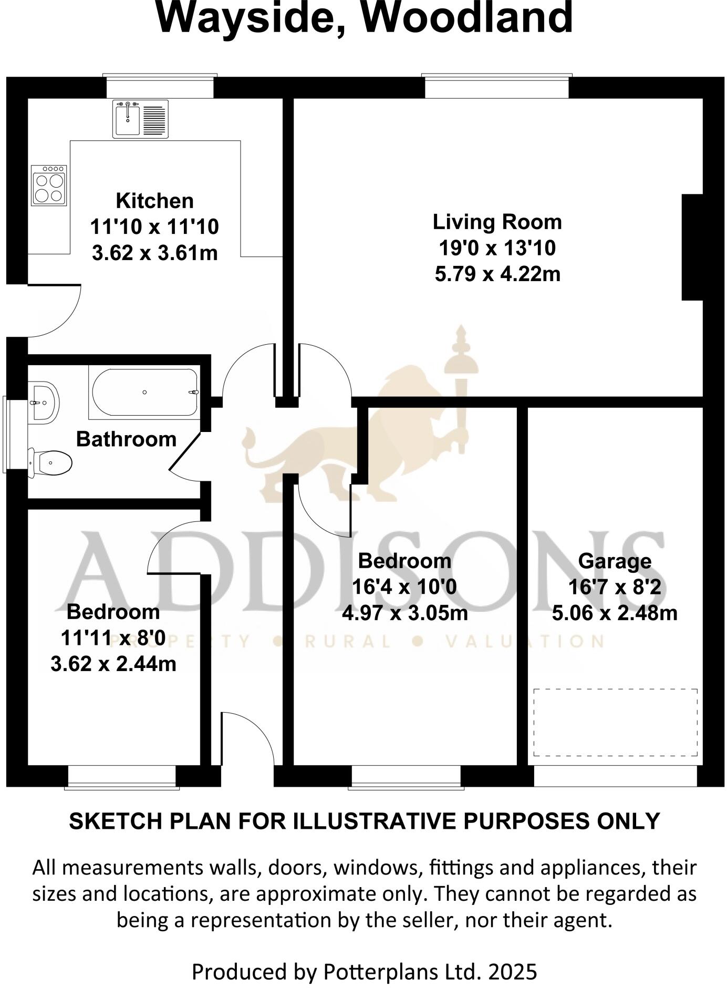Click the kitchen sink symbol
pyautogui.click(x=140, y=119)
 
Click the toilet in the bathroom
pyautogui.click(x=50, y=462)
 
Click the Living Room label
pyautogui.click(x=497, y=222)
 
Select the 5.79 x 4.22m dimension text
pyautogui.click(x=497, y=274)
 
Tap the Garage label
pyautogui.click(x=615, y=561)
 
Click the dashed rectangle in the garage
pyautogui.click(x=615, y=722)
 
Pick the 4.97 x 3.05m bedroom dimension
pyautogui.click(x=404, y=613)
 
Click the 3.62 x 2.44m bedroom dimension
pyautogui.click(x=113, y=664)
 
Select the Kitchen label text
pyautogui.click(x=154, y=201)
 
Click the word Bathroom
pyautogui.click(x=126, y=439)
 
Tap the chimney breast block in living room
pyautogui.click(x=692, y=247)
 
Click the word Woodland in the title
pyautogui.click(x=468, y=18)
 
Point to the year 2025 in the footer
pyautogui.click(x=512, y=972)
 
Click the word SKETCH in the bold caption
pyautogui.click(x=108, y=821)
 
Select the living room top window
pyautogui.click(x=496, y=87)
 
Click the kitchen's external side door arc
pyautogui.click(x=58, y=313)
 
